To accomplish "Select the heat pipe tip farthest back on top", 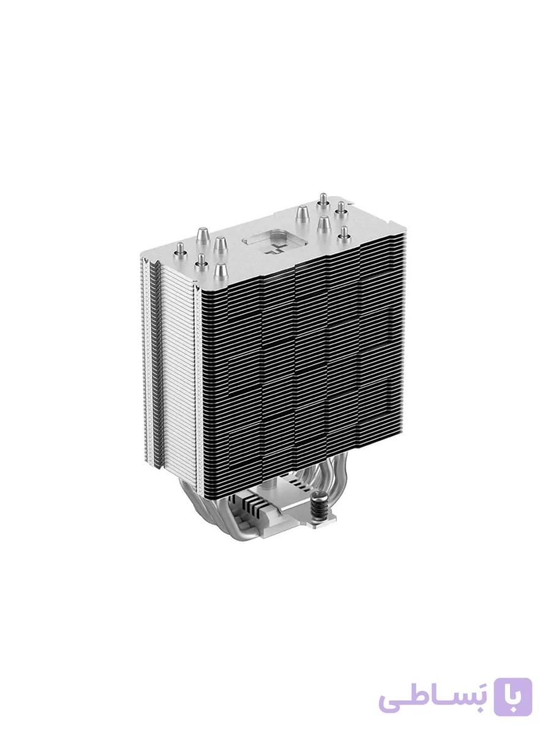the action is [x=323, y=200].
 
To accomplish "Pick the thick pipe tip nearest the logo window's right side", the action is [x=302, y=214].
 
